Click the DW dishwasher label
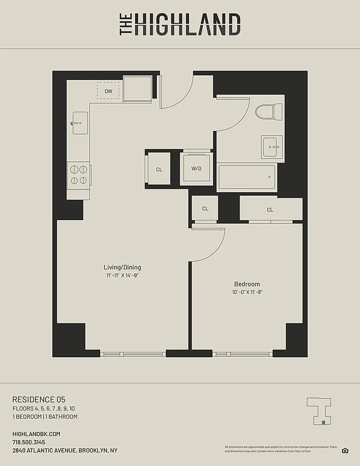click(x=108, y=91)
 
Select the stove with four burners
click(x=79, y=174)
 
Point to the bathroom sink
click(x=271, y=146)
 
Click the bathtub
click(x=247, y=176)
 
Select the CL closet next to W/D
click(x=158, y=170)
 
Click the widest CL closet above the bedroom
click(x=270, y=209)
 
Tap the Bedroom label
click(x=247, y=284)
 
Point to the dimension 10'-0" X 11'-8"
click(x=247, y=292)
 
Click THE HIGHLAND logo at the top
click(x=180, y=24)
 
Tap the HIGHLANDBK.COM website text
click(x=36, y=434)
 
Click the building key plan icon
click(x=319, y=410)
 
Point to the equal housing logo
click(x=345, y=450)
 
